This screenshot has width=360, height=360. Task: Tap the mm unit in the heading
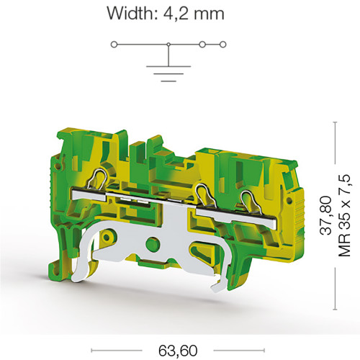point(209,15)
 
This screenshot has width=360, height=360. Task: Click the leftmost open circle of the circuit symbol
point(114,45)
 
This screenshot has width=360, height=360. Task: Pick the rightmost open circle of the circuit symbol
point(223,45)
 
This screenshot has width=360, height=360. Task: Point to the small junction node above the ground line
point(168,45)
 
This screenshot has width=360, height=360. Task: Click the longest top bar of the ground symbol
point(168,66)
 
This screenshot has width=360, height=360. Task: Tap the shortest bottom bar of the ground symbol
point(168,81)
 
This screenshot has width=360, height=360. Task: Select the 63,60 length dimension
point(178,351)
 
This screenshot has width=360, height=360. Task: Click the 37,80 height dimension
point(325,215)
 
